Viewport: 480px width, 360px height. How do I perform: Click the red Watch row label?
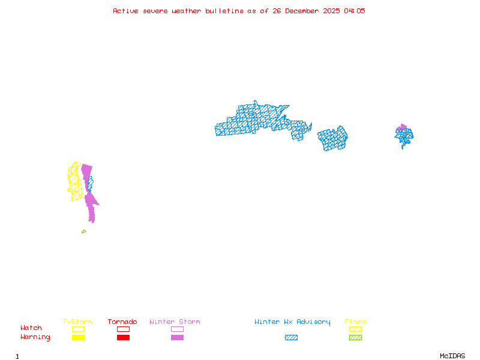[x=31, y=328]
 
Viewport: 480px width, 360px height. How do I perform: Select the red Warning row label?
[x=35, y=337]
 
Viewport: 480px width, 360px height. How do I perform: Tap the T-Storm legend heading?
[x=77, y=322]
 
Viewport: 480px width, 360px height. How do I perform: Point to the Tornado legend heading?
[x=122, y=322]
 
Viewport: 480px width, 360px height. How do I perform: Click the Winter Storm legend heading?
[x=175, y=322]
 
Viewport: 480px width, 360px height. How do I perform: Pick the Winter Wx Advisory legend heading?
[x=292, y=322]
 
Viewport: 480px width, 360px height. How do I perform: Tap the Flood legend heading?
[x=355, y=322]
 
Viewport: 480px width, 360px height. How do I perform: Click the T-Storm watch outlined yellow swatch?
[x=78, y=329]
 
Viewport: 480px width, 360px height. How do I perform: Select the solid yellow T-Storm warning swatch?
[x=78, y=337]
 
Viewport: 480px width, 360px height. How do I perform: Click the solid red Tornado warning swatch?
[x=123, y=337]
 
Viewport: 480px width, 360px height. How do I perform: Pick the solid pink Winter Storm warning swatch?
[x=177, y=337]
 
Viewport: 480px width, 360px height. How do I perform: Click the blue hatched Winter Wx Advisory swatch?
[x=291, y=337]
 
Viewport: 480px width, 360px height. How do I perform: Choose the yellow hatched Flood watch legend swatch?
[x=355, y=329]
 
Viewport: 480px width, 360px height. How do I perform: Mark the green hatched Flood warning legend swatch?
[x=355, y=337]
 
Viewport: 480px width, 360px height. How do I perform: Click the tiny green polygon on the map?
[x=83, y=232]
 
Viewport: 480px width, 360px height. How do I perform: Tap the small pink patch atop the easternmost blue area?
[x=402, y=127]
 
